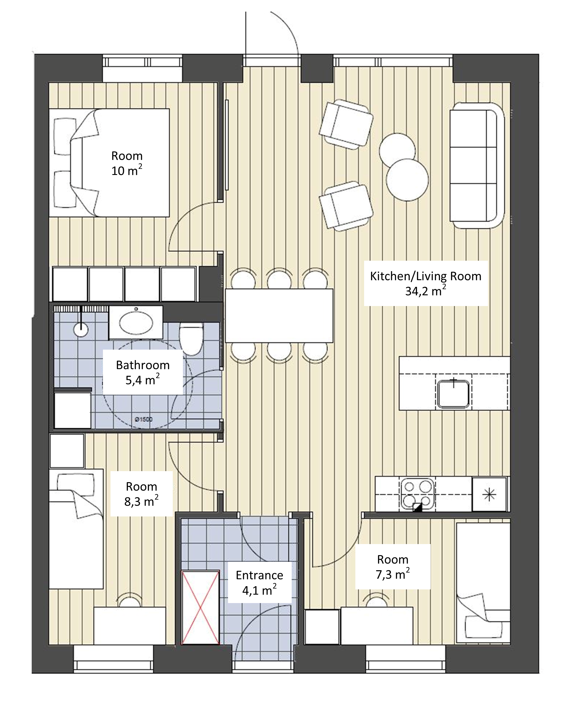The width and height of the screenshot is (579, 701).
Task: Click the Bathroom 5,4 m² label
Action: click(x=143, y=372)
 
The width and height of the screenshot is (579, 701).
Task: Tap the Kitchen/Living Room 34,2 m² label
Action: click(x=425, y=283)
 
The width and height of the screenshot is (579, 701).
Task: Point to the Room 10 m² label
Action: click(x=127, y=163)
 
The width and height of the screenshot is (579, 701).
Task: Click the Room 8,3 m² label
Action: click(x=141, y=494)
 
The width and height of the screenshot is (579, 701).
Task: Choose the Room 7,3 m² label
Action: click(x=393, y=567)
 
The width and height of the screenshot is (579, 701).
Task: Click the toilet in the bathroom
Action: click(x=191, y=338)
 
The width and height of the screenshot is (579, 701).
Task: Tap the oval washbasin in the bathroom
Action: click(x=136, y=323)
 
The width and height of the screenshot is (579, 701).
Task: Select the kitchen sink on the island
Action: click(x=453, y=393)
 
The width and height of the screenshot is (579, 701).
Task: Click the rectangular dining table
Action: click(x=279, y=316)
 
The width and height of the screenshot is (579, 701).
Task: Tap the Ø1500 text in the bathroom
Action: click(x=144, y=419)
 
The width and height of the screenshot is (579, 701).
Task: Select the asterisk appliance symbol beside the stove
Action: click(x=489, y=495)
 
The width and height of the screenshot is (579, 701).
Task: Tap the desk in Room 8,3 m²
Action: click(x=129, y=626)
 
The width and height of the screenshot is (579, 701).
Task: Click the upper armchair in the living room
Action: click(x=346, y=124)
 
